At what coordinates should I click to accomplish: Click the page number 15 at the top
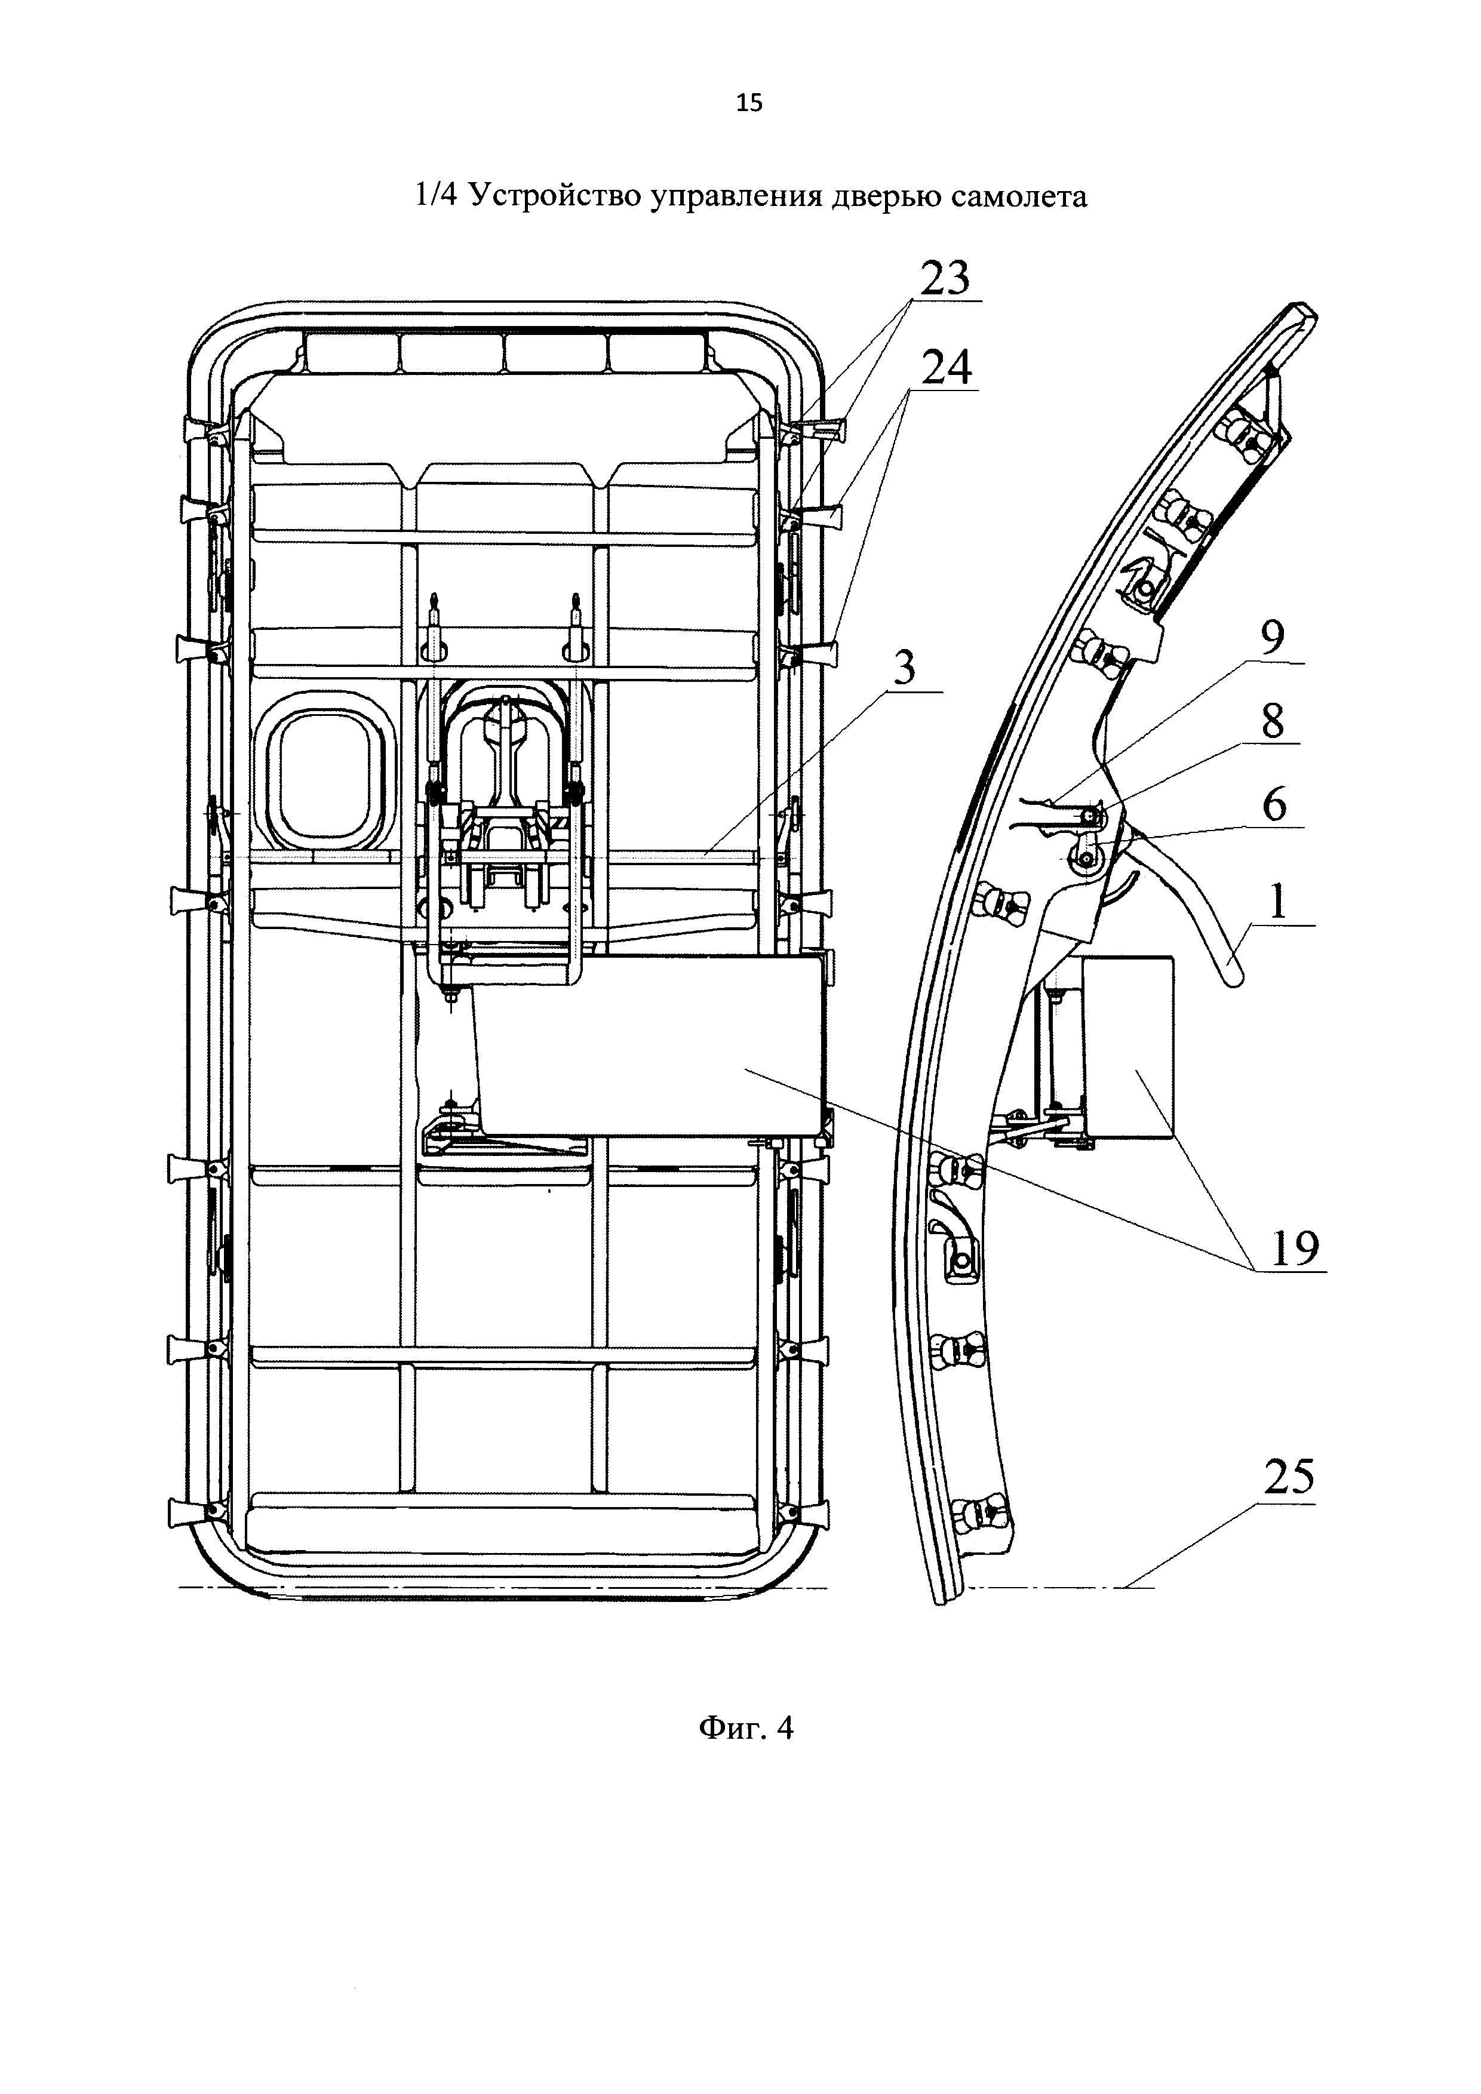click(749, 103)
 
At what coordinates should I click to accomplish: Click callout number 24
click(946, 368)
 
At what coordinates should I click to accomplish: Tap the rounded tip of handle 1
click(1236, 977)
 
